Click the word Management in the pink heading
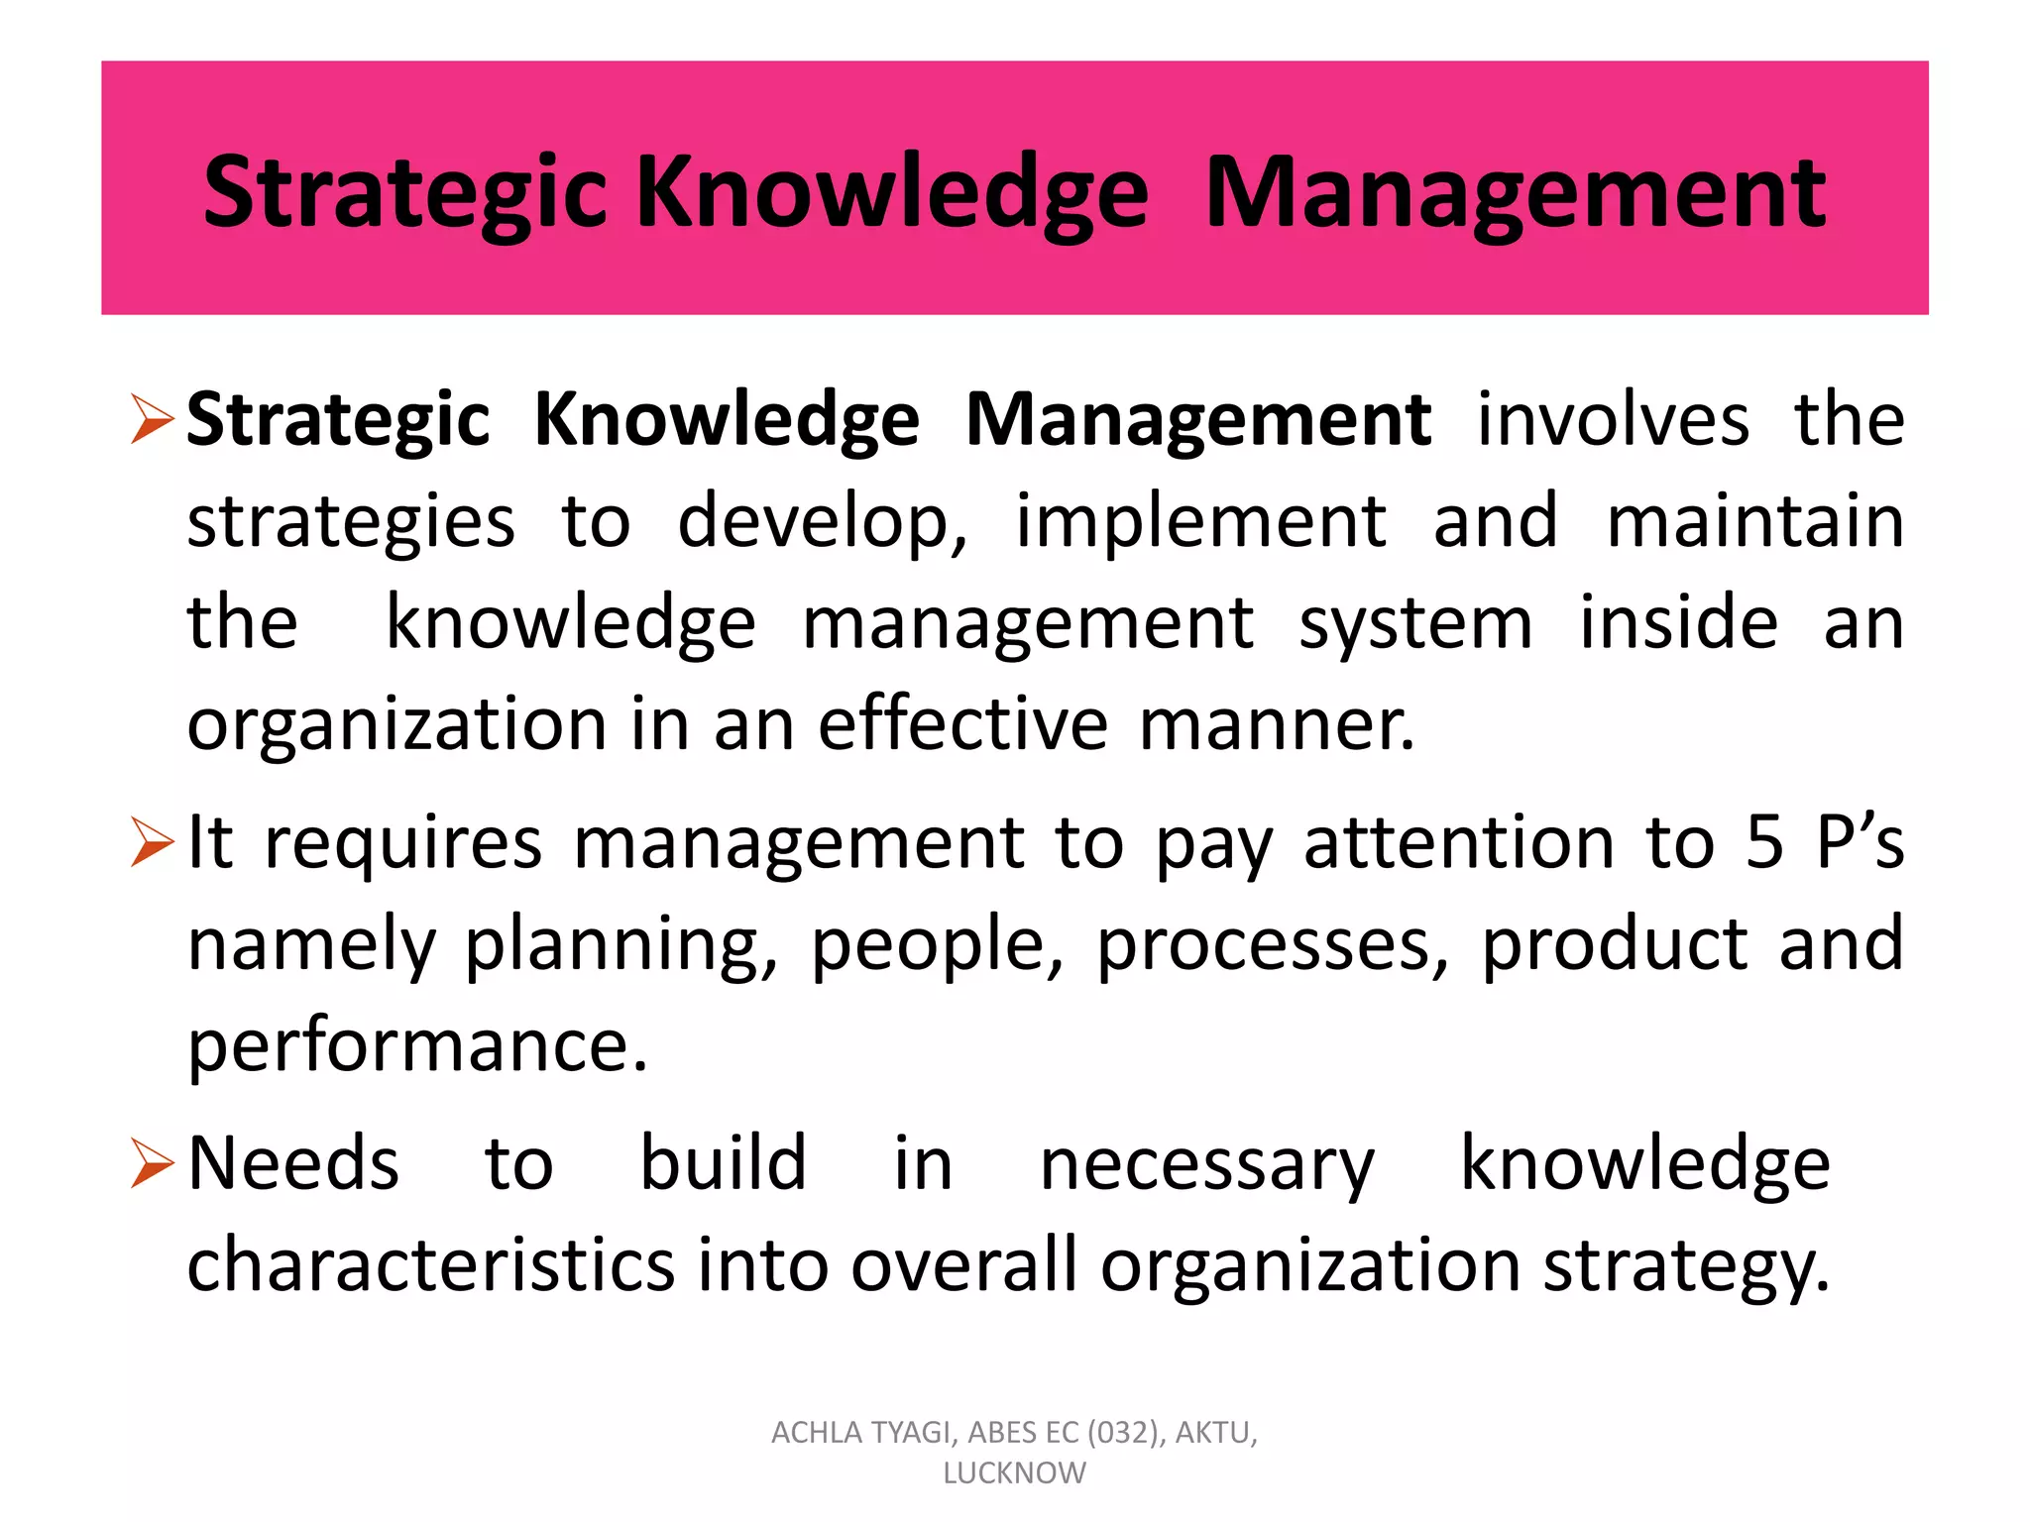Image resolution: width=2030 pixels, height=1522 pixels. pos(1515,194)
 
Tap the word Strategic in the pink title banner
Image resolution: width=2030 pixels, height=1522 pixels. pos(404,194)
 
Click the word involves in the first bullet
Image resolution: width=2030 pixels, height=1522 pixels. pos(1613,420)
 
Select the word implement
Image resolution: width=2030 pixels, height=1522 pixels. pos(1200,522)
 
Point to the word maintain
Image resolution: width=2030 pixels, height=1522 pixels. pos(1754,522)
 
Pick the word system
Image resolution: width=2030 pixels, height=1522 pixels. pos(1415,624)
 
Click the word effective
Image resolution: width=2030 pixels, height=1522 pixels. pos(962,724)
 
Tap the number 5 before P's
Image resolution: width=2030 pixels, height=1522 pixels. pos(1764,843)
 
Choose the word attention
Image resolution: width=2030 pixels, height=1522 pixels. pos(1459,843)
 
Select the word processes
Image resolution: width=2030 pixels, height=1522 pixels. pos(1272,944)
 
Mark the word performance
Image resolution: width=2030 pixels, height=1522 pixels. pos(417,1046)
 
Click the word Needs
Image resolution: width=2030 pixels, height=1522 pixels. pos(293,1163)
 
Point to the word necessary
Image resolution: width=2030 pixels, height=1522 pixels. pos(1207,1165)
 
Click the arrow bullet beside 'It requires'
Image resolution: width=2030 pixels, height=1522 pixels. pos(152,843)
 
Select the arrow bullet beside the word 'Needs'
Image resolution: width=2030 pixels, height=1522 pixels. pos(152,1163)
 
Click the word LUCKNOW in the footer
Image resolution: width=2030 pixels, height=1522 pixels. pos(1014,1473)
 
